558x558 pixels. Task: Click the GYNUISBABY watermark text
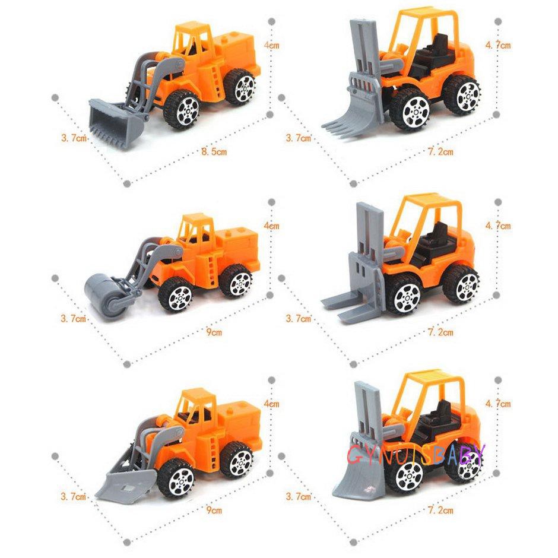pos(415,456)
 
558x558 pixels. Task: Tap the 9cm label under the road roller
pos(214,333)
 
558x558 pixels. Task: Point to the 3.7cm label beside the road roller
pos(74,318)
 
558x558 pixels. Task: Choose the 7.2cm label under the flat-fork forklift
pos(440,333)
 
